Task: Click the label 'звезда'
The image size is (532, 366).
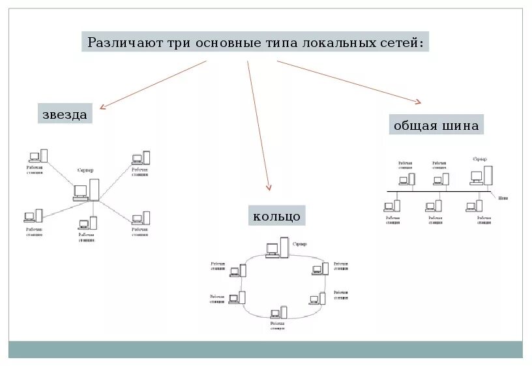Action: point(65,114)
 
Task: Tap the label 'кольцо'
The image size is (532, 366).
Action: point(276,215)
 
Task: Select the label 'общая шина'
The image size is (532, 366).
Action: point(436,125)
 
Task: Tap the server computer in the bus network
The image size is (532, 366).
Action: point(482,174)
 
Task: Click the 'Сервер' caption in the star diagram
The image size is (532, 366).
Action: point(85,170)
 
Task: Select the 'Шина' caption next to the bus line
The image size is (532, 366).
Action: point(503,197)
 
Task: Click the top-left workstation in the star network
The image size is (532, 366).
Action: point(38,156)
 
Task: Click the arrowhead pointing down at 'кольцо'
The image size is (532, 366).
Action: point(269,189)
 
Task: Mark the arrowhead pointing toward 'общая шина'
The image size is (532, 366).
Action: point(417,101)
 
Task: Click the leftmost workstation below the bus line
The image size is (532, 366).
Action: point(392,206)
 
